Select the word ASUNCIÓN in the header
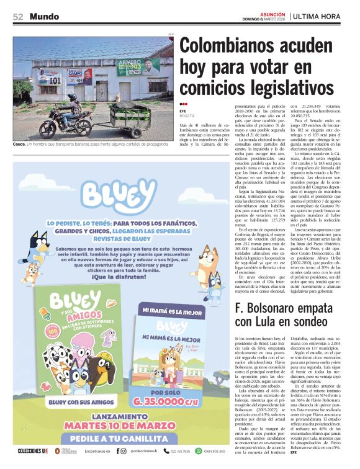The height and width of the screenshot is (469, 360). pyautogui.click(x=272, y=13)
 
